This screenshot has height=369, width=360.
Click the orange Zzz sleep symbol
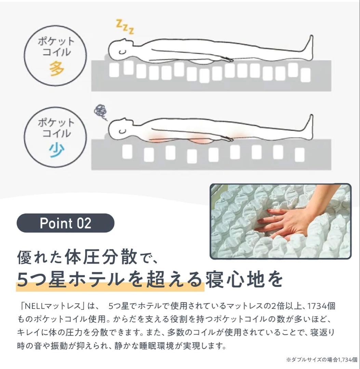(125, 27)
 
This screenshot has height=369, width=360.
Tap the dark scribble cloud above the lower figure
(101, 112)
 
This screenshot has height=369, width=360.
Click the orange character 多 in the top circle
(57, 68)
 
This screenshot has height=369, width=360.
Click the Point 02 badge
(65, 223)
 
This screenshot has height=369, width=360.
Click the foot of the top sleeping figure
(309, 47)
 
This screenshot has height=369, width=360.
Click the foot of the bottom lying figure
(309, 127)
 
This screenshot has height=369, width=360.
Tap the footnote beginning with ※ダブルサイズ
(322, 360)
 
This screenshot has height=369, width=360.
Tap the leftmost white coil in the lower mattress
(127, 151)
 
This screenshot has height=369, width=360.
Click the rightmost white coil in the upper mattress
(305, 75)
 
